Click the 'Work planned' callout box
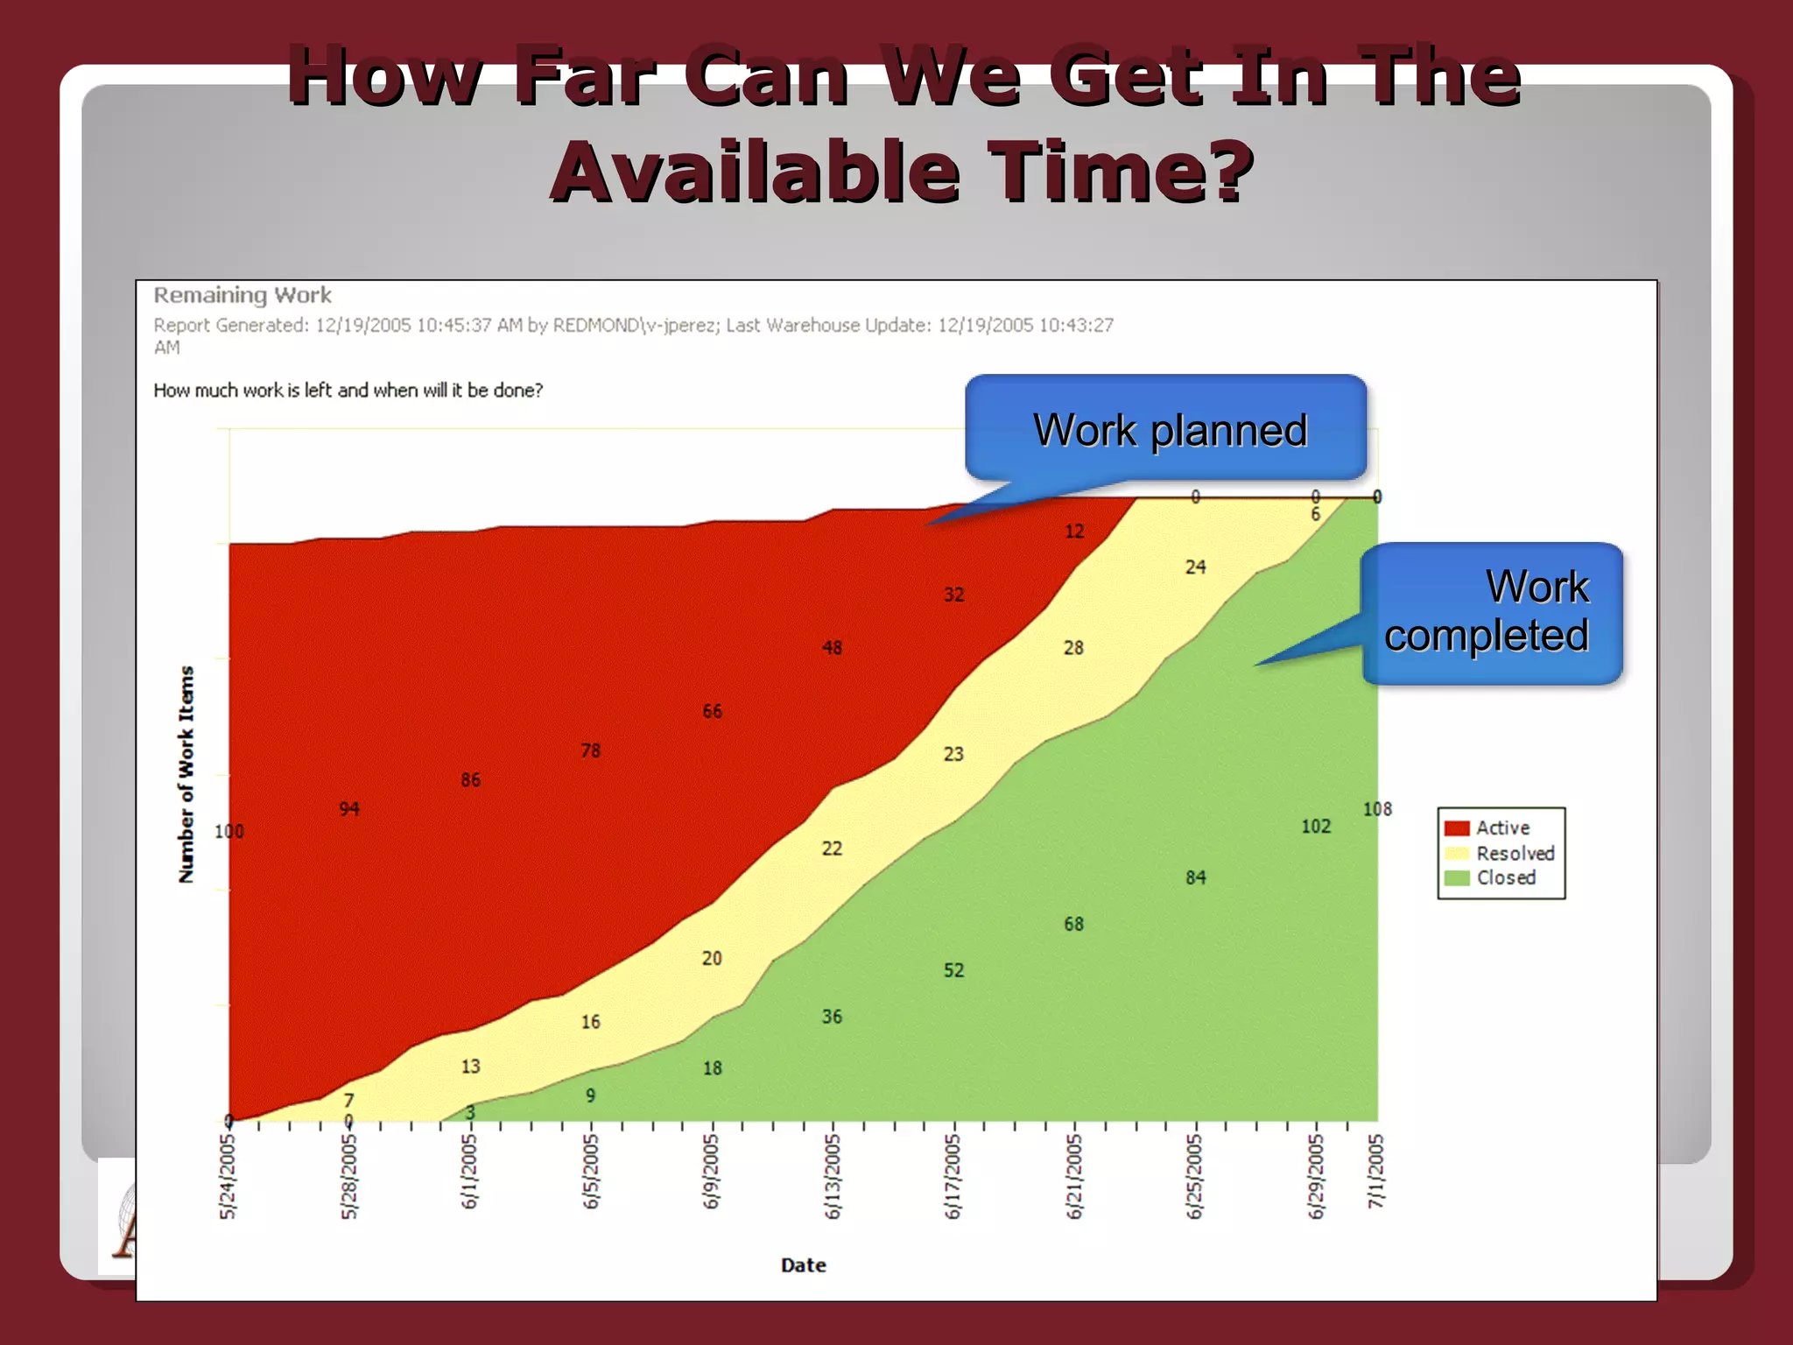point(1166,429)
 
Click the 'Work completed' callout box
point(1491,612)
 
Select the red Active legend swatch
point(1456,828)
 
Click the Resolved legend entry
point(1515,853)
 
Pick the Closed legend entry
point(1506,877)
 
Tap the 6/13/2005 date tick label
point(832,1175)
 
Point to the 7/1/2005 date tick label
point(1376,1171)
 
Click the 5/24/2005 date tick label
point(228,1175)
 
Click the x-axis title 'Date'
point(803,1264)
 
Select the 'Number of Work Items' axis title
point(186,774)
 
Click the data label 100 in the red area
point(229,831)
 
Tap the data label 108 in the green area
point(1377,809)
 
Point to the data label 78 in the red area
point(591,750)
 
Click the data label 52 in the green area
point(953,970)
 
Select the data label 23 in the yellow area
point(953,754)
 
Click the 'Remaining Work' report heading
point(243,295)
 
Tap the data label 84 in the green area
point(1195,877)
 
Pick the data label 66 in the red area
point(712,711)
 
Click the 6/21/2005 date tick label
point(1074,1175)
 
